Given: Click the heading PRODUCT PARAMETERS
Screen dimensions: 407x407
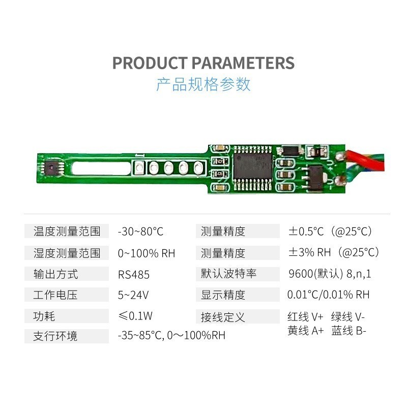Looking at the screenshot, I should [203, 63].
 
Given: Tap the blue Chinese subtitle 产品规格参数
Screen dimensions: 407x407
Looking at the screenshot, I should [203, 84].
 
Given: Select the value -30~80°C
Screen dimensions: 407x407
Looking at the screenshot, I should [140, 231].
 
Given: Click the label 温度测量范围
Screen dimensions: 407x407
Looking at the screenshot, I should [67, 231].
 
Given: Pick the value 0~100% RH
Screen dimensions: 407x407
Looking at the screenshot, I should [146, 253].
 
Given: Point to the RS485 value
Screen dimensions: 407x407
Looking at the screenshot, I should [134, 274].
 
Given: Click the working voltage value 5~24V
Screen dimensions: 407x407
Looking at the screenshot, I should [133, 295].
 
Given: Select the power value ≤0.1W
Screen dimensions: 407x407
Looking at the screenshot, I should [135, 316].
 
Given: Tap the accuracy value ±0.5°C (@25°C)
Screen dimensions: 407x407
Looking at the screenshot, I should [331, 231].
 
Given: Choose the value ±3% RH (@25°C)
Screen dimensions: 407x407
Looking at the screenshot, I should [334, 253].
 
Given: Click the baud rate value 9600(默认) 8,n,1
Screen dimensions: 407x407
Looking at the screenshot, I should [329, 274].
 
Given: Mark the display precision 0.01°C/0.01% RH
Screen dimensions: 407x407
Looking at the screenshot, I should [328, 295].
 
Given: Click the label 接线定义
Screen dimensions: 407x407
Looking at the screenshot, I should [223, 317].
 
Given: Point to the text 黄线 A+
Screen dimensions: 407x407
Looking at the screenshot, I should [306, 331].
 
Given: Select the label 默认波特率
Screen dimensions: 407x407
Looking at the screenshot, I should [228, 274].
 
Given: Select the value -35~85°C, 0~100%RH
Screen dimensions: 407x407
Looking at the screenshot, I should [171, 336].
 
